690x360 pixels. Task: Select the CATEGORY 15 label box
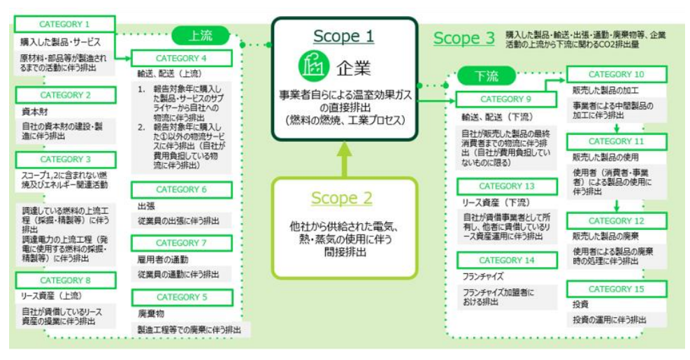(615, 289)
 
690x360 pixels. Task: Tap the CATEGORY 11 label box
(615, 141)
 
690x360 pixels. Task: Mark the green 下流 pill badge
(487, 75)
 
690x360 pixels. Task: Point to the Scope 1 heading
(344, 36)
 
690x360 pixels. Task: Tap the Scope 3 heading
(464, 38)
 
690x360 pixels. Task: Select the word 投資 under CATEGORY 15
(580, 305)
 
